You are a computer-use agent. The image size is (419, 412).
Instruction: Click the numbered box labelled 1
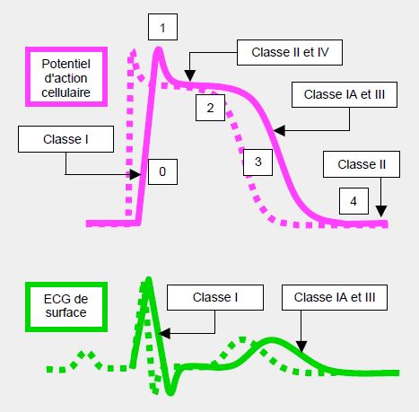[x=162, y=27]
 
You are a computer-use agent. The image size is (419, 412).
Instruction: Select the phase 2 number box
[x=210, y=108]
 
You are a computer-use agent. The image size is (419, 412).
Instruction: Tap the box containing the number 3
[x=258, y=162]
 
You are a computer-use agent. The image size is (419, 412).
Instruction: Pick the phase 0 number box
[x=162, y=171]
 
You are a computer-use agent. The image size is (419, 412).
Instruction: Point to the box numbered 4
[x=354, y=201]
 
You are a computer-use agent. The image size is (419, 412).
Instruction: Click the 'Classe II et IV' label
[x=290, y=52]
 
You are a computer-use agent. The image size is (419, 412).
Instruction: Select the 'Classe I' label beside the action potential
[x=65, y=139]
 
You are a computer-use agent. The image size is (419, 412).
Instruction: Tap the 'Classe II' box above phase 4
[x=362, y=164]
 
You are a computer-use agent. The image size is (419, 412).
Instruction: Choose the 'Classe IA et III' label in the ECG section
[x=335, y=297]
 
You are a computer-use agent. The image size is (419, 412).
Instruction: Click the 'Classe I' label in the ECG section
[x=215, y=297]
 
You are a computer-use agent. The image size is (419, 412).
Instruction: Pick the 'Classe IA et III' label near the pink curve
[x=345, y=94]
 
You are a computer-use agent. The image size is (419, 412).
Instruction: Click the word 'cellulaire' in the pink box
[x=65, y=92]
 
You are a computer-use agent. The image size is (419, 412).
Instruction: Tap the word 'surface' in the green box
[x=65, y=312]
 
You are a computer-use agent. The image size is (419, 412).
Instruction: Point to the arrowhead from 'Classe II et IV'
[x=190, y=75]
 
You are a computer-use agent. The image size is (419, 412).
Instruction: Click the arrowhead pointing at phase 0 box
[x=135, y=174]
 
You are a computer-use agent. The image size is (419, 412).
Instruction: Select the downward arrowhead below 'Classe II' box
[x=381, y=211]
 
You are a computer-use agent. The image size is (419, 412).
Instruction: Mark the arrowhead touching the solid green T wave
[x=301, y=346]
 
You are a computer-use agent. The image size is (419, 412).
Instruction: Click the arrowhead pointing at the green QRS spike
[x=164, y=333]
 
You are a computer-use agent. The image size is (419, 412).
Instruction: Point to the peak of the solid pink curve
[x=159, y=49]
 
